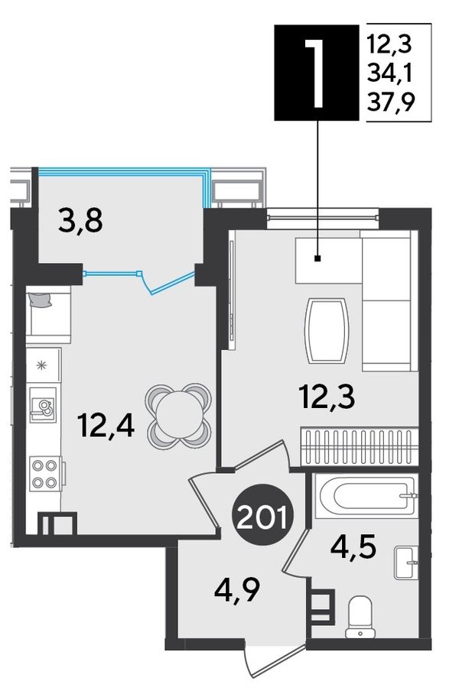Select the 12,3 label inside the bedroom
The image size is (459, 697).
coord(327,397)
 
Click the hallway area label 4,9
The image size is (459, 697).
coord(236,589)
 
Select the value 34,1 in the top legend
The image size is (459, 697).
coord(390,73)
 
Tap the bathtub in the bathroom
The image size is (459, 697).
coord(366,496)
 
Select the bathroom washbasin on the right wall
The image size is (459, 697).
coord(406,562)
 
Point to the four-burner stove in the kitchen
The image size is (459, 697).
coord(45,474)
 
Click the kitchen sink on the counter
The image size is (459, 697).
coord(43,404)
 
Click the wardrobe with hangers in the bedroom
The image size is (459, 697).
coord(360,447)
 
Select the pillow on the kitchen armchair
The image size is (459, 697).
coord(41,299)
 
